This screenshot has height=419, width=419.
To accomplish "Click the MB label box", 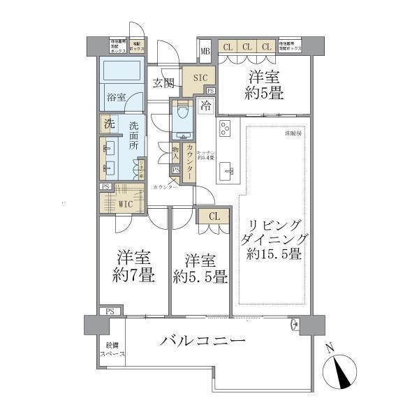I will click(205, 51).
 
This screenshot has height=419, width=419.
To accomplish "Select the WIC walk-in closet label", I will click(126, 205).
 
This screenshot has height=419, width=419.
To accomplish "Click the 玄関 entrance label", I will click(164, 82).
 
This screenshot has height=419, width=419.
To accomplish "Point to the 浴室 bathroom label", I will click(116, 97).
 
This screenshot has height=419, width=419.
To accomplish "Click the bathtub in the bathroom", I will click(122, 72).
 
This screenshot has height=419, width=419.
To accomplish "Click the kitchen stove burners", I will click(226, 128).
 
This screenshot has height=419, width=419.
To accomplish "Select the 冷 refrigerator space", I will click(205, 106).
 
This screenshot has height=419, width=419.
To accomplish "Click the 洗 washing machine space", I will click(109, 124).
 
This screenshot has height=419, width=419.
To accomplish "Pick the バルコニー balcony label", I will click(203, 341).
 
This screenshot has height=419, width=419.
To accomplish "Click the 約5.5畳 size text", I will click(200, 277).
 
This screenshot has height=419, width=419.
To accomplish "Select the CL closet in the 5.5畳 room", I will click(214, 216).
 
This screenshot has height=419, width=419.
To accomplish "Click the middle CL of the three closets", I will click(247, 47).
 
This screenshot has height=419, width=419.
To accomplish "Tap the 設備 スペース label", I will click(112, 350).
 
